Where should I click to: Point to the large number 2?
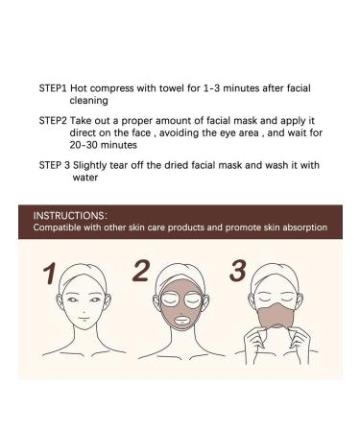140,272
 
